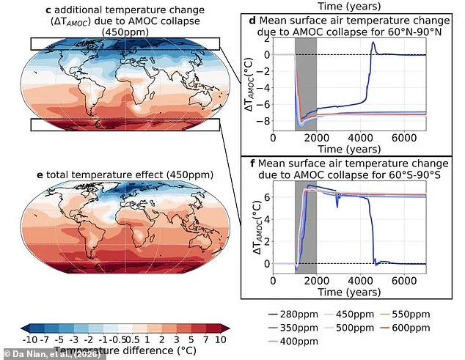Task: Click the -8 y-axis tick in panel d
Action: click(266, 120)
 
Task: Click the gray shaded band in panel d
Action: click(305, 81)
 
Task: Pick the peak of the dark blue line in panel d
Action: click(373, 43)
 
